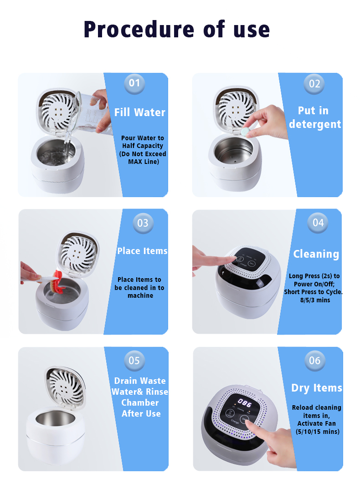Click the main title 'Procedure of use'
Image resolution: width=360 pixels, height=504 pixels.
pos(177,30)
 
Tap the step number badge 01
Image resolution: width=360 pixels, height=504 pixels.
pos(134,83)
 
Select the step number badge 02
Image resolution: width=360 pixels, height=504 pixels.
pos(314,84)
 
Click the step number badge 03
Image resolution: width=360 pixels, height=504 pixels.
pos(143,223)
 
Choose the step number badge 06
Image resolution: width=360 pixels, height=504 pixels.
pos(314,360)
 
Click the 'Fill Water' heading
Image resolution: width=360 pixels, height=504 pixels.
pos(139,112)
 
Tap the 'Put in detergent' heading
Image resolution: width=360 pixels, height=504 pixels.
pos(314,117)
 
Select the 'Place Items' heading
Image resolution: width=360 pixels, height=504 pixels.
pos(142,251)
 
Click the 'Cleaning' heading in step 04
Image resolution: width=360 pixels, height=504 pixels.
pos(316,254)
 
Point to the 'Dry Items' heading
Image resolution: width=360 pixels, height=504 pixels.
pos(316,388)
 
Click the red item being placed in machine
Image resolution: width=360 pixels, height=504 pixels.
pos(59,281)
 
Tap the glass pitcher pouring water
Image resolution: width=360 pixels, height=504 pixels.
pos(87,109)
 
